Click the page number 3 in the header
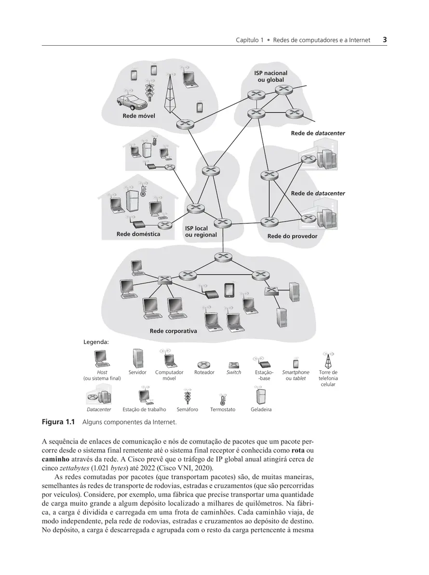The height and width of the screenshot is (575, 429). click(385, 39)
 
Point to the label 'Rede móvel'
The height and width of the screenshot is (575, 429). click(139, 116)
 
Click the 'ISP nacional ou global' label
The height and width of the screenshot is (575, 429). click(271, 76)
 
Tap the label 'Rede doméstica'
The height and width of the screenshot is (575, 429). click(138, 234)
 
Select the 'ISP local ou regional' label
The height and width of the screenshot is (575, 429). click(201, 231)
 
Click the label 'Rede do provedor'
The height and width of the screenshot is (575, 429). click(292, 236)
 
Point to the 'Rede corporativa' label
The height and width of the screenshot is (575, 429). click(173, 331)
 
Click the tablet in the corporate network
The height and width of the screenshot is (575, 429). click(229, 290)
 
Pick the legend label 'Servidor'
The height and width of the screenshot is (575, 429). click(137, 373)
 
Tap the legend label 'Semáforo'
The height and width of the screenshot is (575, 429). click(187, 409)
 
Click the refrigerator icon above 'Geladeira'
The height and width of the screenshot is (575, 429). click(261, 396)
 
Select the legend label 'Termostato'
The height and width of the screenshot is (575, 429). click(223, 409)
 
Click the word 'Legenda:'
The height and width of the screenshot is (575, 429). click(96, 342)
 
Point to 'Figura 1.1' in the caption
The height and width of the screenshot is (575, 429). click(58, 422)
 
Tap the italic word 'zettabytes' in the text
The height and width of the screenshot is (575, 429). click(75, 468)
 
